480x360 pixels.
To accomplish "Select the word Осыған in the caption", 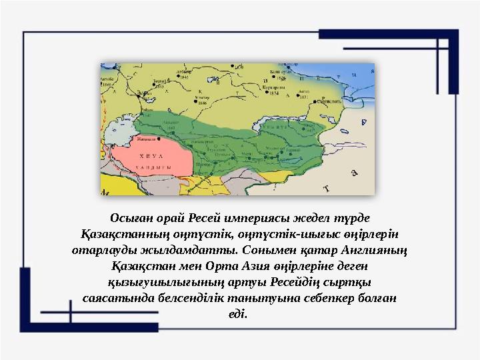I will (x=130, y=218).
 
